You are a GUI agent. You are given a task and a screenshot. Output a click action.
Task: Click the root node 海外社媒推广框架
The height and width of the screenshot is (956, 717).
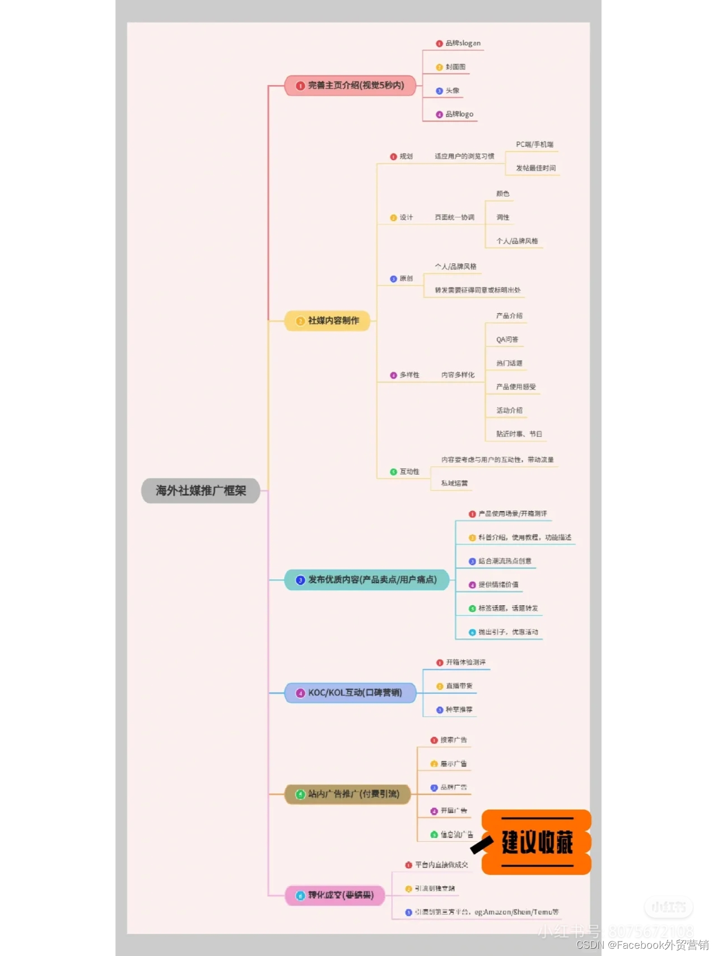coord(201,491)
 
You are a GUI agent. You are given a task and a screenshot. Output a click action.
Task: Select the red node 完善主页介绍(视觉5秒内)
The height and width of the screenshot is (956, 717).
coord(350,86)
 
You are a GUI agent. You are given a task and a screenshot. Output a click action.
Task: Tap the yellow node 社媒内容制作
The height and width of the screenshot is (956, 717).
coord(328,321)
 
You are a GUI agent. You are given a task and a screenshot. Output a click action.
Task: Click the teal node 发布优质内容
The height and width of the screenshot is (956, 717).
coord(367,580)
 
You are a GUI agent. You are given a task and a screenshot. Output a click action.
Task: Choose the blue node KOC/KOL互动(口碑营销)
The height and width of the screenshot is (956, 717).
coord(351,693)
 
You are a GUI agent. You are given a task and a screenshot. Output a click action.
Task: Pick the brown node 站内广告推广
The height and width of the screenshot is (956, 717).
coord(348,794)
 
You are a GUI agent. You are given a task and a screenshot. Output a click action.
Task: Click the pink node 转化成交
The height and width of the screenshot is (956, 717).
coord(335,895)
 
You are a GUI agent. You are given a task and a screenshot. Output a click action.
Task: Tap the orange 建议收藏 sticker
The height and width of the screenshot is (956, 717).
coord(537,842)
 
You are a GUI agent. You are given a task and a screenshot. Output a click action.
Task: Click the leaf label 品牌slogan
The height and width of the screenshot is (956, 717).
coord(463,43)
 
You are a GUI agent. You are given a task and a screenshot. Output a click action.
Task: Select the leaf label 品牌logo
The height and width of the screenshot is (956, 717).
coord(459,114)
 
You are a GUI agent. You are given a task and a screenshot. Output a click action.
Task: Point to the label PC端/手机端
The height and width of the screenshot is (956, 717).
coord(534,145)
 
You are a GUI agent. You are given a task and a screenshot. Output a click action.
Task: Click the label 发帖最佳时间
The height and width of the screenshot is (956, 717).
coord(536,168)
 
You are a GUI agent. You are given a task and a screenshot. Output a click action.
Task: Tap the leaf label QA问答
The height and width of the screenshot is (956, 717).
coord(507,340)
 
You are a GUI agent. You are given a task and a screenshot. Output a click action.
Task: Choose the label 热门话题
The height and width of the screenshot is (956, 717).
coord(509,363)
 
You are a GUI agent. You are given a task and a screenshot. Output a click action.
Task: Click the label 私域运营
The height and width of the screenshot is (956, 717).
coord(454,483)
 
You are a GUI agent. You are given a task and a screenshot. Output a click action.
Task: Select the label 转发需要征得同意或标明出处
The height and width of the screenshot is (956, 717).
coord(477,290)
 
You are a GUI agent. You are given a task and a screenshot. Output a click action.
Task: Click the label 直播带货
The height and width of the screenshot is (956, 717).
coord(459,686)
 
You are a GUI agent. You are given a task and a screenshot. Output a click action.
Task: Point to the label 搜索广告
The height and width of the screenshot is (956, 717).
coord(453,740)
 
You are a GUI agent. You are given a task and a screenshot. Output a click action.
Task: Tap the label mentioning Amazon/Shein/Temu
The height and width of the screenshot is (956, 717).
coord(486,912)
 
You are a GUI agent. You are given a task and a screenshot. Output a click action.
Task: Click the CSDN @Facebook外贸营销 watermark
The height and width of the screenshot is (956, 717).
coord(642,945)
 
